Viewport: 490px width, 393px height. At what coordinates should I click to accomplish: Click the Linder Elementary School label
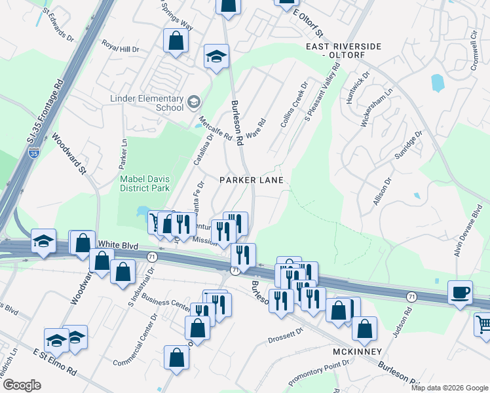pyautogui.click(x=147, y=103)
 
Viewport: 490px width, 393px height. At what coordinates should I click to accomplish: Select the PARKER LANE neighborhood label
pyautogui.click(x=252, y=179)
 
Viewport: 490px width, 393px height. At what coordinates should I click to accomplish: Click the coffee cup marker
pyautogui.click(x=460, y=292)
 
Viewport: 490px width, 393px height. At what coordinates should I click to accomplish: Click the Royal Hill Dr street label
pyautogui.click(x=121, y=48)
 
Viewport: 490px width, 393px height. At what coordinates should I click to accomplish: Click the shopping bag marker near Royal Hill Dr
pyautogui.click(x=176, y=41)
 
